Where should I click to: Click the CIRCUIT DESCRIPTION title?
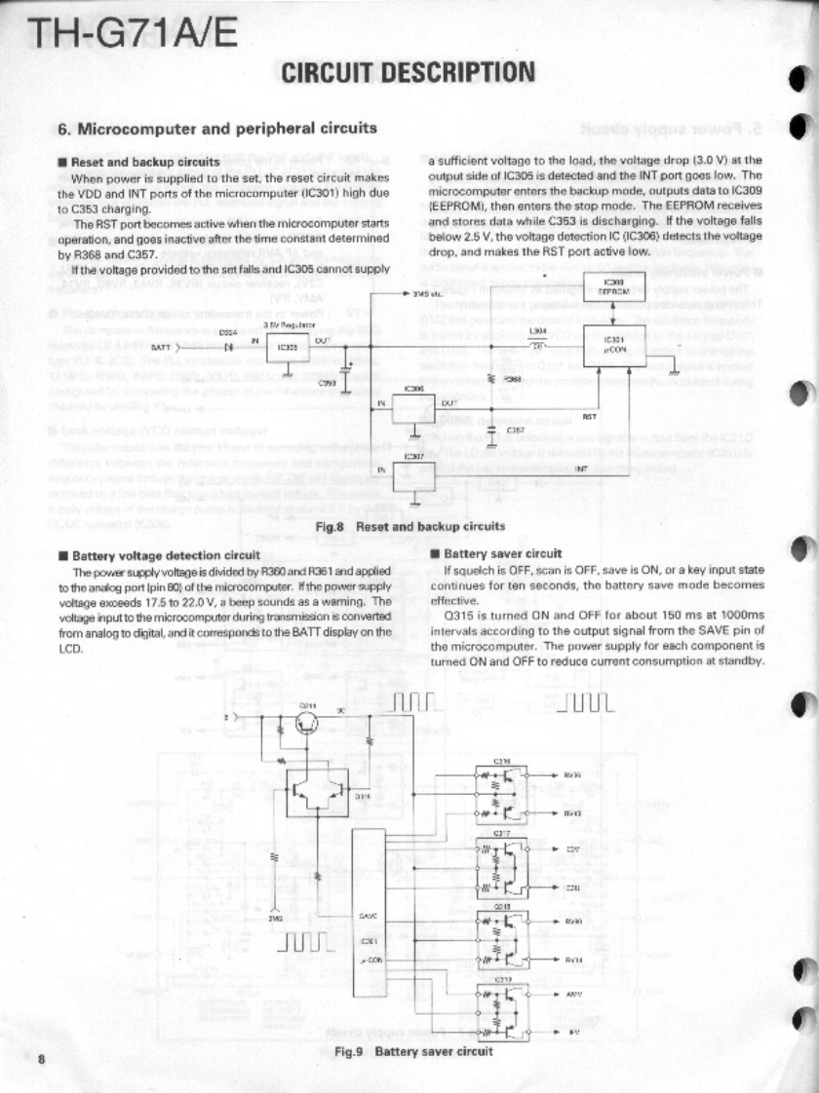408,72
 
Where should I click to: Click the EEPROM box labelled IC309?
612,287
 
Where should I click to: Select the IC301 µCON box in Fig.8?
613,347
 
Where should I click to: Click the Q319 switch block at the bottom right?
503,1013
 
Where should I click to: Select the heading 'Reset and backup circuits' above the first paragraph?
145,163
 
